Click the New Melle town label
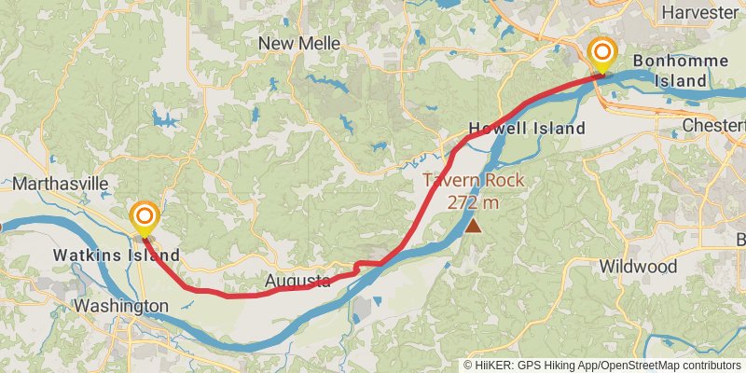297,43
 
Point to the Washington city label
121,306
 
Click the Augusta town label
297,280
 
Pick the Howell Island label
526,128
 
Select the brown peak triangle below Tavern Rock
474,225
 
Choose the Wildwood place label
638,267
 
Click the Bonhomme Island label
669,72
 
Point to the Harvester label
698,12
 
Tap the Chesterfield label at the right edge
713,124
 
